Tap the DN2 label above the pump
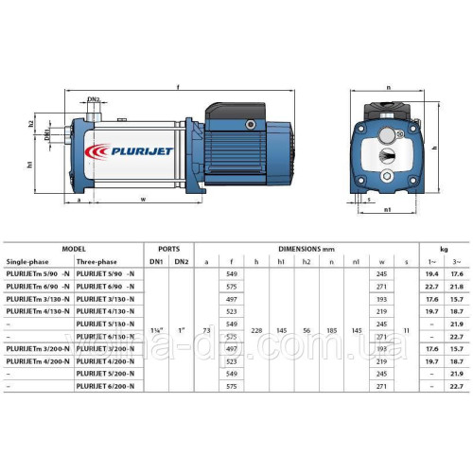coord(94,99)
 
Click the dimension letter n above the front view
coord(389,88)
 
